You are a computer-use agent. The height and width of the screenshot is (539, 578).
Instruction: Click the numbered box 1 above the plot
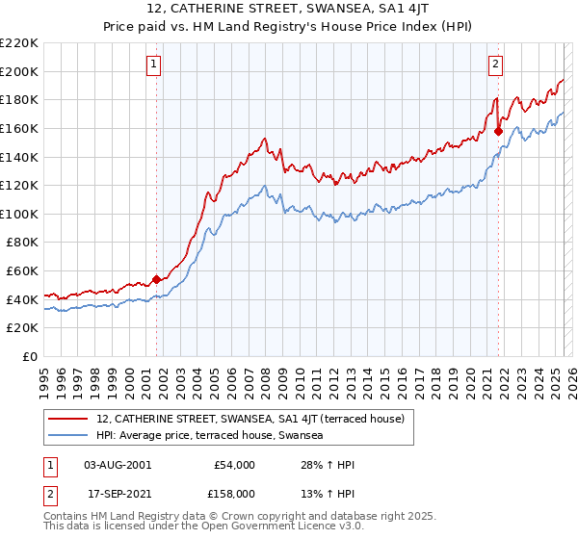[154, 64]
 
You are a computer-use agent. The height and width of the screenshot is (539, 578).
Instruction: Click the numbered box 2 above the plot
[495, 64]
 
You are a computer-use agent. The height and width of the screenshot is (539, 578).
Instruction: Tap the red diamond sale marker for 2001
[156, 279]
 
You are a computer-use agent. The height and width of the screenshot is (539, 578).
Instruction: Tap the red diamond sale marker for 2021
[498, 132]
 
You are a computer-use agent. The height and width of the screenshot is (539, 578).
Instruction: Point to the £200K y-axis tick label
[19, 71]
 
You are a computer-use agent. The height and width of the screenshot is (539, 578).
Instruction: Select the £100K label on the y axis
[19, 214]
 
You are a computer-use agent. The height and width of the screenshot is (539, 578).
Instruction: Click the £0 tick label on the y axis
[31, 356]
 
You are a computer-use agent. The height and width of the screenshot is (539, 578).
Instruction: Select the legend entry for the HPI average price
[209, 436]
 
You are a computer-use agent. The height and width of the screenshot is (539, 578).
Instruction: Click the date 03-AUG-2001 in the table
[118, 465]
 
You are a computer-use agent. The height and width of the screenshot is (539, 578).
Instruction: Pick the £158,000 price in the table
[233, 493]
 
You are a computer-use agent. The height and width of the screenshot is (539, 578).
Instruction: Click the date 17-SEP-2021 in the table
[118, 493]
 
